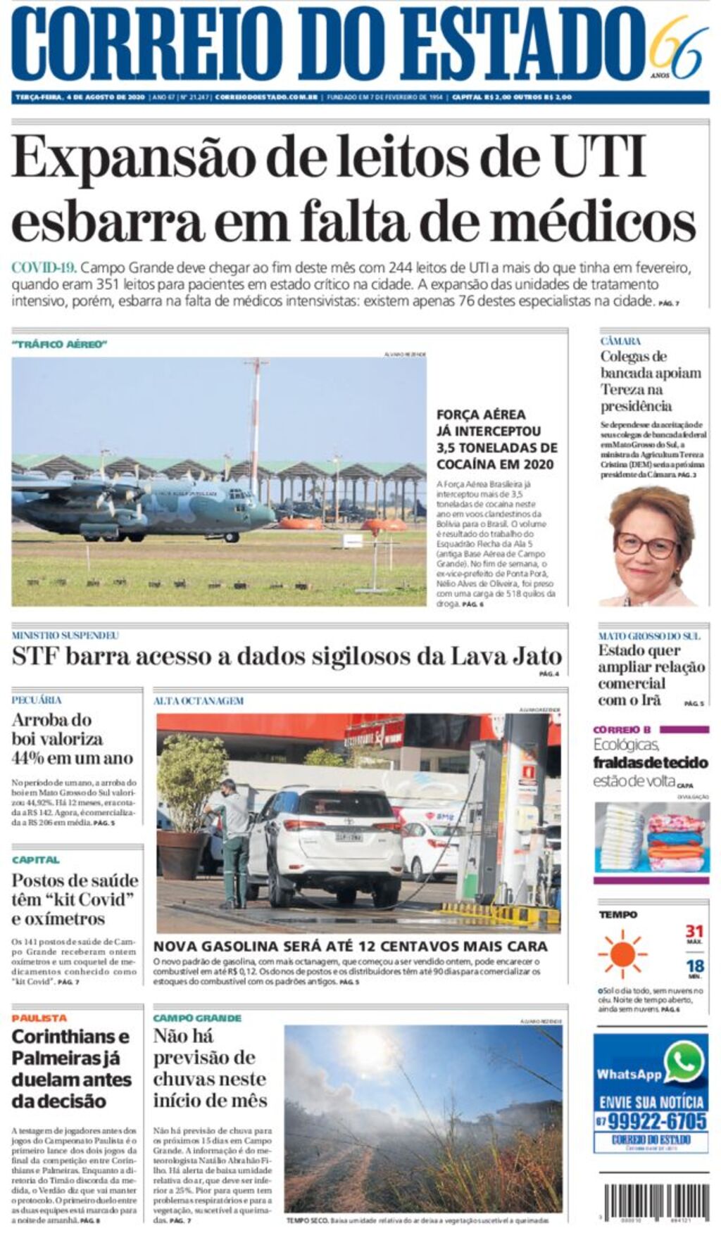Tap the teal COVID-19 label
[43, 267]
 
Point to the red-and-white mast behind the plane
[256, 415]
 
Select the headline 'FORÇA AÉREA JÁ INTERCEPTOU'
[489, 423]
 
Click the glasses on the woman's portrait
[646, 544]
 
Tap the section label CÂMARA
[620, 341]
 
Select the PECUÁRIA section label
[37, 700]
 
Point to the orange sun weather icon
[622, 954]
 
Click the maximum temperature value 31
[694, 932]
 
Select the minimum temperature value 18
[694, 966]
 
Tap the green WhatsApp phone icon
[684, 1062]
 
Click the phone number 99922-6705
[656, 1121]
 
